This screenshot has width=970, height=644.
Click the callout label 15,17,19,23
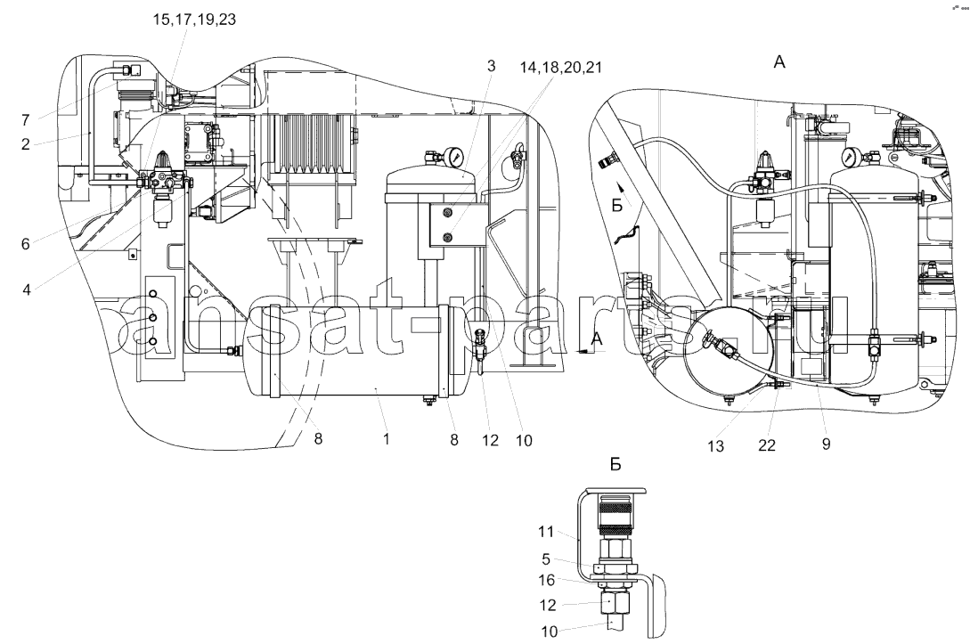click(195, 20)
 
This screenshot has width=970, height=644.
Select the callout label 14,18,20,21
click(560, 68)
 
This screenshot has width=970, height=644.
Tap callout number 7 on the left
click(25, 119)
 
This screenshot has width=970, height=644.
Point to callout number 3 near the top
click(491, 66)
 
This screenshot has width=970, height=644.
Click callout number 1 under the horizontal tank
click(387, 439)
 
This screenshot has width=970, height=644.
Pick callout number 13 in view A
click(715, 446)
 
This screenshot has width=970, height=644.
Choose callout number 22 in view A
click(767, 445)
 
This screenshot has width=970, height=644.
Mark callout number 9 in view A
click(826, 444)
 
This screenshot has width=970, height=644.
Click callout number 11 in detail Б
click(546, 532)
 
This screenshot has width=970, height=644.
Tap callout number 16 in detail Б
click(547, 581)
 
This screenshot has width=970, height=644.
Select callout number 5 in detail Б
click(546, 560)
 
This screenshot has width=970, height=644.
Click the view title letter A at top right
click(778, 61)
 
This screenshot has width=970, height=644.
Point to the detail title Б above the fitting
click(615, 465)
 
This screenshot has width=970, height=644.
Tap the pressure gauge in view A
click(852, 154)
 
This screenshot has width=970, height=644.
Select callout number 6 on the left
click(25, 244)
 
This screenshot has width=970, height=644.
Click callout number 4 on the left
click(27, 289)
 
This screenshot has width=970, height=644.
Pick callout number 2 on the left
click(25, 145)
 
